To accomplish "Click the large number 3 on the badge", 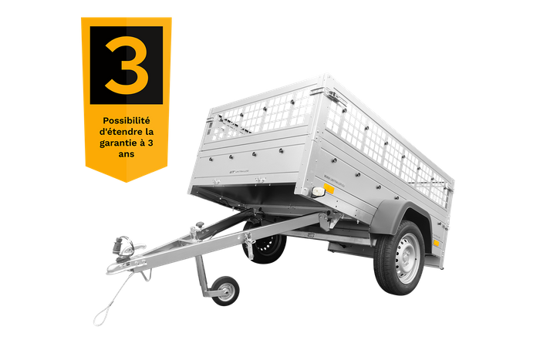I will (126, 65).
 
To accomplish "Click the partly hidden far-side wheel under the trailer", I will (268, 245).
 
